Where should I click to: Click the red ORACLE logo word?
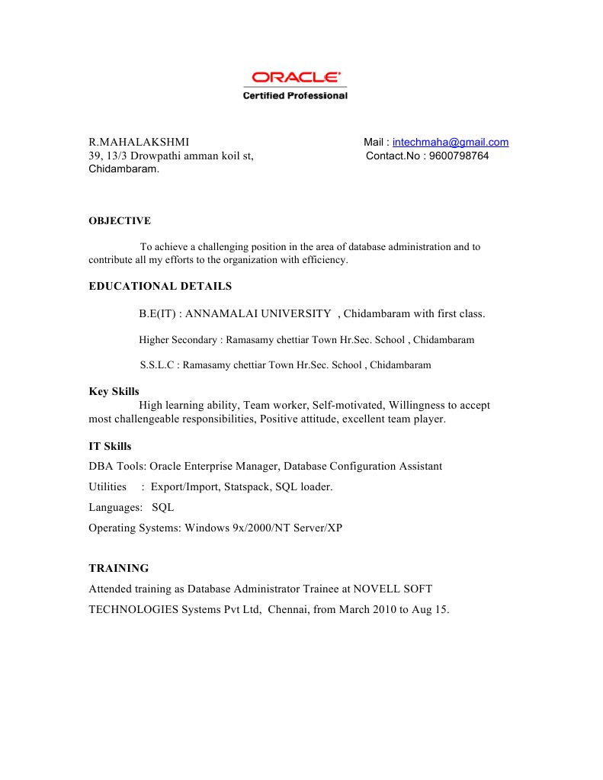click(x=296, y=77)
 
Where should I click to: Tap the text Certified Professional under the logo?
click(x=295, y=95)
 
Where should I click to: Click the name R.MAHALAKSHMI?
click(x=139, y=142)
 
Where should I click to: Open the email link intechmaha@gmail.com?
click(x=451, y=142)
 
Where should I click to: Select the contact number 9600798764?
click(x=460, y=156)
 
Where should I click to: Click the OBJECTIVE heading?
click(x=120, y=221)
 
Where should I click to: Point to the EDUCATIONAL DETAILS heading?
click(x=160, y=287)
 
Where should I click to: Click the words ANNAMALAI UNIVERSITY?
click(x=258, y=313)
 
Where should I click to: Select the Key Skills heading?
click(x=114, y=391)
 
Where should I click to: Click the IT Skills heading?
click(x=110, y=446)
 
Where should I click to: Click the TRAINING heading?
click(x=119, y=568)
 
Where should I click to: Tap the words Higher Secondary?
click(x=178, y=339)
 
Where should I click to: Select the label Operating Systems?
click(x=135, y=528)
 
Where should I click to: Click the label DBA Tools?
click(x=117, y=466)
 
